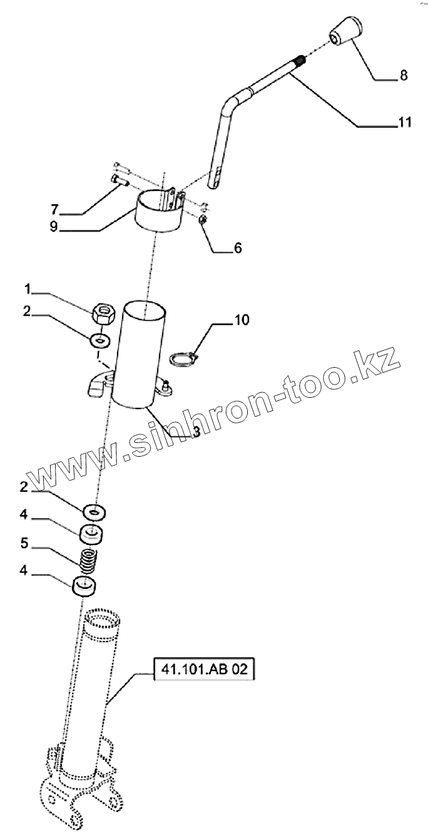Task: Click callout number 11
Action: pos(404,123)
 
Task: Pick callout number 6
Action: pos(238,248)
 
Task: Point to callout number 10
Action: pos(242,321)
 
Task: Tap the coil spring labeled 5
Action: pos(88,559)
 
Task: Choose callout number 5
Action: pos(25,544)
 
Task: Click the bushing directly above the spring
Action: pos(92,535)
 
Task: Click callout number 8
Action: pos(403,75)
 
